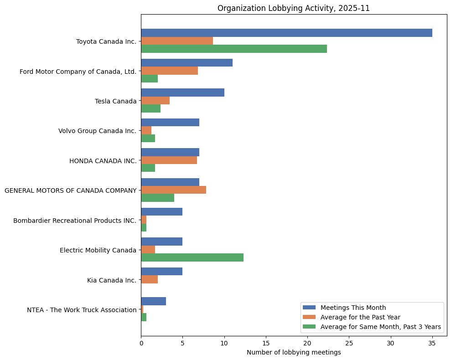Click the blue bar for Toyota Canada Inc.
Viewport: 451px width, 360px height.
point(286,33)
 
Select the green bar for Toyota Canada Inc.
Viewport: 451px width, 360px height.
point(234,49)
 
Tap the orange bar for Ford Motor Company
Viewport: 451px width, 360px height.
point(169,71)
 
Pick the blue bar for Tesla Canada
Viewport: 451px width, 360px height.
point(182,93)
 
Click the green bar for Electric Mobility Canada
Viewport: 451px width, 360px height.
point(192,257)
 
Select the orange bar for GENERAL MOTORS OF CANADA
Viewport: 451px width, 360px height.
point(173,190)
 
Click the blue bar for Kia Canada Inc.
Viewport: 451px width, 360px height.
point(161,272)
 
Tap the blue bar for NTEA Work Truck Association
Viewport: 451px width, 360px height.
point(153,301)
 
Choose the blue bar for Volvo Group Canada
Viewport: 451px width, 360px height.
point(170,123)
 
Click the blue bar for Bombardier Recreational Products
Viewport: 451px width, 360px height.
point(161,212)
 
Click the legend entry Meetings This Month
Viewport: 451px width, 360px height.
point(353,307)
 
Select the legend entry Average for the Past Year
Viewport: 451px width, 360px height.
point(360,317)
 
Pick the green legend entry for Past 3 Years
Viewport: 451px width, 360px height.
point(380,327)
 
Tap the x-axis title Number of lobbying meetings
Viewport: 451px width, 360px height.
point(294,352)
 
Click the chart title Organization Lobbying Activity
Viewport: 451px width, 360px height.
point(294,8)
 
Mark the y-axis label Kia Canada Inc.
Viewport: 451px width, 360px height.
point(111,280)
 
